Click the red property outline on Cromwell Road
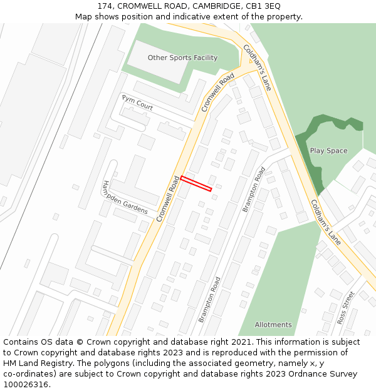(196, 183)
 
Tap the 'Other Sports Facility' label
(182, 58)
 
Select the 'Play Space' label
(328, 151)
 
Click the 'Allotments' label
(273, 325)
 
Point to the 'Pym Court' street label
(137, 103)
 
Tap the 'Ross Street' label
(346, 307)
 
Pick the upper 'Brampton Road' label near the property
(254, 189)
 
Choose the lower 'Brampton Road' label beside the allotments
(209, 300)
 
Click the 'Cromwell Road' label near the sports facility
(217, 93)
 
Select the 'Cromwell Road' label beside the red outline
(167, 199)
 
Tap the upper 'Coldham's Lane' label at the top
(257, 68)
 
